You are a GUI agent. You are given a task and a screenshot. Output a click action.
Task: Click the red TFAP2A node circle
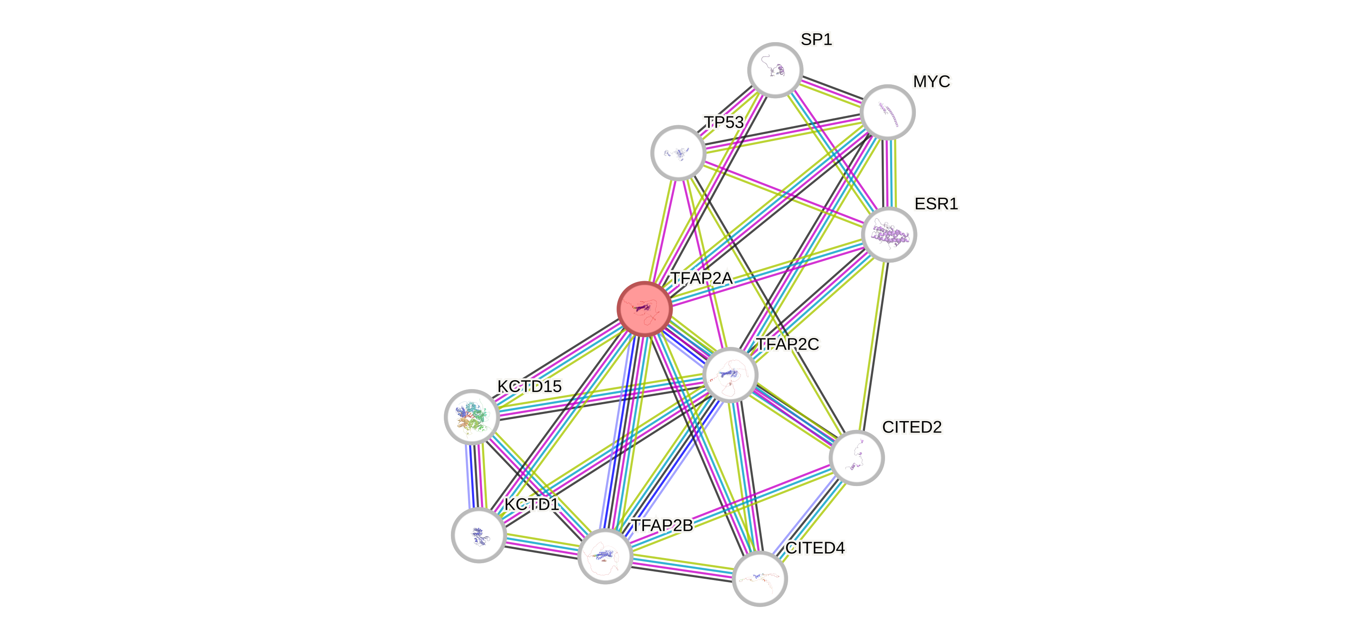[644, 309]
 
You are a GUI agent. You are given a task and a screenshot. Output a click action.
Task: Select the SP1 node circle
[775, 70]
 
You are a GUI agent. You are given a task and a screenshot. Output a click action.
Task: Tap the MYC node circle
[887, 112]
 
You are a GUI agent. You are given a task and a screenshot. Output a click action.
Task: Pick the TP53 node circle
[678, 153]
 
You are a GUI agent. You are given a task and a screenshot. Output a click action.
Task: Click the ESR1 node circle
[889, 235]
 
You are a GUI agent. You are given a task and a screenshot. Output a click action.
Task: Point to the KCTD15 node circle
[472, 417]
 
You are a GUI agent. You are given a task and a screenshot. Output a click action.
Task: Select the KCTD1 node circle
[478, 535]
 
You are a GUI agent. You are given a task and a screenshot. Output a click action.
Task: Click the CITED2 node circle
[856, 458]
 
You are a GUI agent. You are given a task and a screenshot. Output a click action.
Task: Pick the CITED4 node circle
[759, 579]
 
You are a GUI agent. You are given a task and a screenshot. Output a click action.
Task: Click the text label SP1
[816, 39]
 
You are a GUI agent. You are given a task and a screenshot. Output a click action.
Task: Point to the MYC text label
[931, 81]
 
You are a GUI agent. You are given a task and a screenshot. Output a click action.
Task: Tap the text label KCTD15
[529, 386]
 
